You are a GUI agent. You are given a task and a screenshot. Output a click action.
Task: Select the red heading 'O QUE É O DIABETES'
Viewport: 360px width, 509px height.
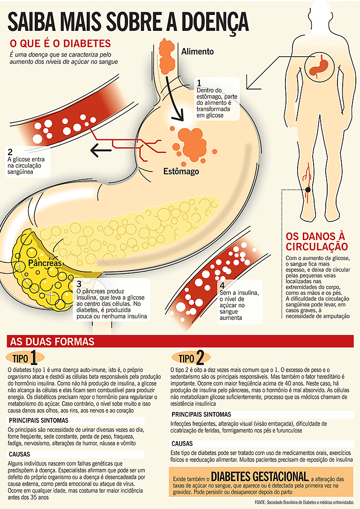coord(60,44)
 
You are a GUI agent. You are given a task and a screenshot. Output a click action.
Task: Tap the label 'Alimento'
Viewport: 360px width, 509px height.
coord(197,52)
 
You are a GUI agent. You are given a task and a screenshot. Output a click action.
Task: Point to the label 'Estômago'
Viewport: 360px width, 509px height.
coord(181,171)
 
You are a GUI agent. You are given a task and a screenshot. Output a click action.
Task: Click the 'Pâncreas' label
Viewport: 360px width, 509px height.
coord(45,263)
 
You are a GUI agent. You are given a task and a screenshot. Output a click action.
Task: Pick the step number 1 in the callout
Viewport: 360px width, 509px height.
coord(199,82)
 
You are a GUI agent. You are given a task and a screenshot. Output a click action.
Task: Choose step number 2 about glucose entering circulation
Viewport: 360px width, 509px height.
coord(10,152)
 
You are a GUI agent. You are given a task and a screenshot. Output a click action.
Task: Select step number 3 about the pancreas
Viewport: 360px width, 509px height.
coord(79,284)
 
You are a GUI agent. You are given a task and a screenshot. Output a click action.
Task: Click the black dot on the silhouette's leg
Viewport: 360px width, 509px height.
coord(307,189)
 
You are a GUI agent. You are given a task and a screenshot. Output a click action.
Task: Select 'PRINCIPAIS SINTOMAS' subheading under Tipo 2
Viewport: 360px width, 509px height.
coord(201,414)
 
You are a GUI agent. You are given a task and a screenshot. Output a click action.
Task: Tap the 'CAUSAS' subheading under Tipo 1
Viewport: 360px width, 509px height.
coord(19,454)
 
